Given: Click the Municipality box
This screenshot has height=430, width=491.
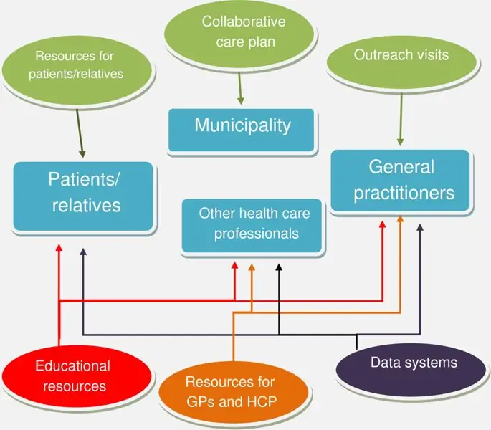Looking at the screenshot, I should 242,130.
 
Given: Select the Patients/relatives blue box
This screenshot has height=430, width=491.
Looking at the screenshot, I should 84,196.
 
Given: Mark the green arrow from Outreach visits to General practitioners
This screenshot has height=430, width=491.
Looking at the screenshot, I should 400,118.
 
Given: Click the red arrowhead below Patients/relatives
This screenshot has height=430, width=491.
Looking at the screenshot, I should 59,248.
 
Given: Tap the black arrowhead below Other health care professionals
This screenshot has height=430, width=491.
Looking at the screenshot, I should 279,268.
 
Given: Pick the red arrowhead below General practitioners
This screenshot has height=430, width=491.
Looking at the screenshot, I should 382,224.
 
